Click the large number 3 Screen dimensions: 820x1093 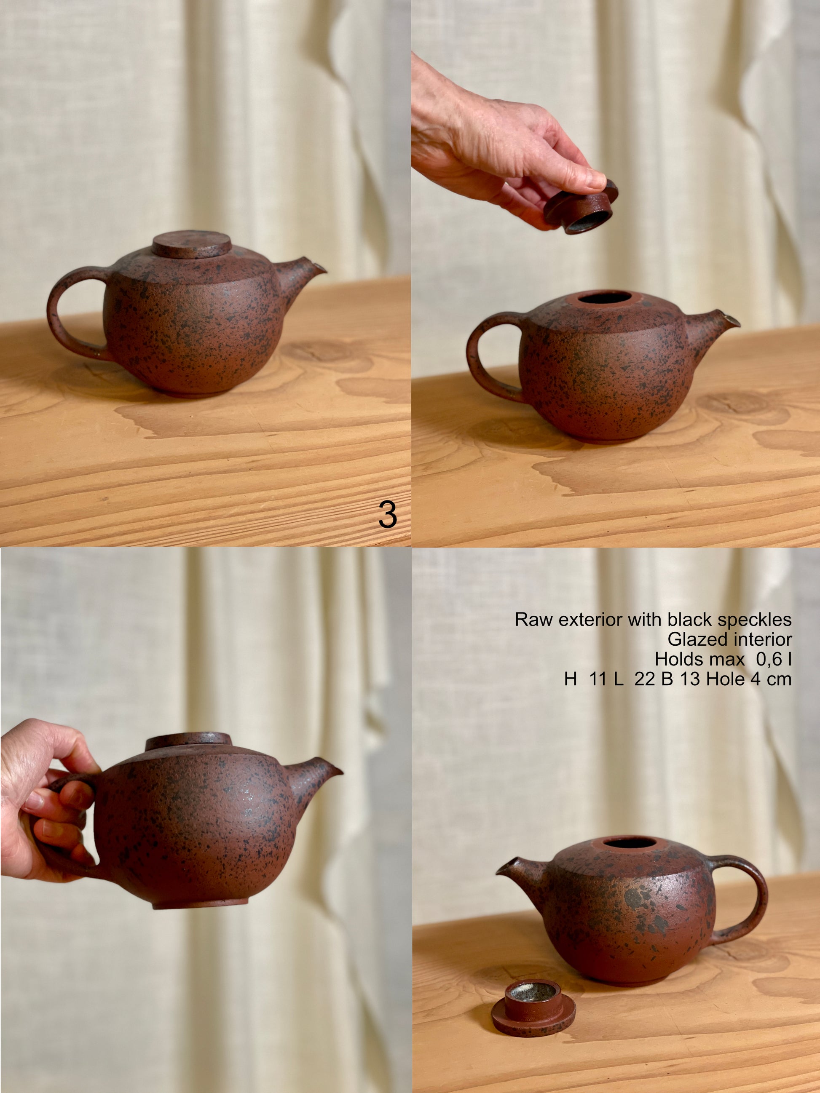tap(388, 514)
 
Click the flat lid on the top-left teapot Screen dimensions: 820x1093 tap(192, 244)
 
